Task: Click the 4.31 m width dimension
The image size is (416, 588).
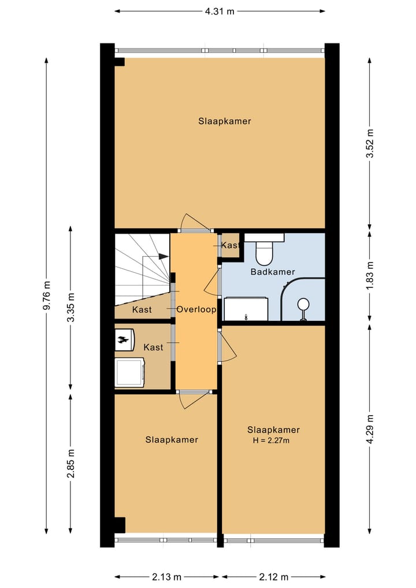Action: (220, 11)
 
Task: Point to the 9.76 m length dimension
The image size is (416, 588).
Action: (46, 295)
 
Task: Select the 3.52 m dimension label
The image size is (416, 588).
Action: (370, 143)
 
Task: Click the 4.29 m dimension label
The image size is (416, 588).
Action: (370, 428)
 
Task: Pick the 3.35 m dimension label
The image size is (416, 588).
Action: (70, 307)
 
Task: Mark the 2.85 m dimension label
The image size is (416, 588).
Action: (70, 463)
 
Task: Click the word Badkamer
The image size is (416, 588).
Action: (273, 272)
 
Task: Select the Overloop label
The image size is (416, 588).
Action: (196, 309)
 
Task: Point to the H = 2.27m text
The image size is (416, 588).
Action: (271, 440)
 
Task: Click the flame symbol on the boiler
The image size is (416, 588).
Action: (122, 340)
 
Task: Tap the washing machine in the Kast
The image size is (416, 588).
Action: (130, 372)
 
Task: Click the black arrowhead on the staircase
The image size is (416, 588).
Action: (163, 257)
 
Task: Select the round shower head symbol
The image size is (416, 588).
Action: (303, 304)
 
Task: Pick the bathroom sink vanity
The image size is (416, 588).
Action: (246, 309)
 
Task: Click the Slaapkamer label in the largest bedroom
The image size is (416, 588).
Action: (225, 121)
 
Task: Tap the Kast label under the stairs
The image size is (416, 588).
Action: (142, 310)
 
